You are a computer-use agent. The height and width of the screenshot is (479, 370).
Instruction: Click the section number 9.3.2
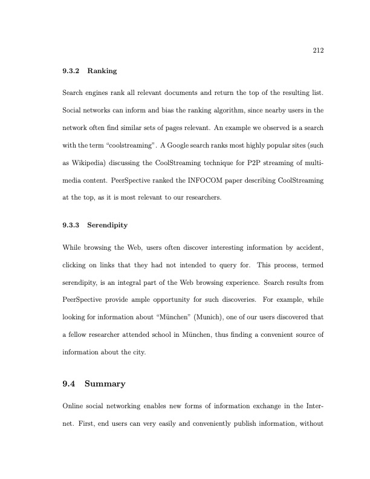click(72, 71)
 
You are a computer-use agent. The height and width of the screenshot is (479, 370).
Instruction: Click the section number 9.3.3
click(72, 225)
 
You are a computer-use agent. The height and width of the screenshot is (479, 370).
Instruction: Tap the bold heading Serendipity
click(108, 225)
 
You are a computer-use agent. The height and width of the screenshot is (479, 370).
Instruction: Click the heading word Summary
click(105, 383)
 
